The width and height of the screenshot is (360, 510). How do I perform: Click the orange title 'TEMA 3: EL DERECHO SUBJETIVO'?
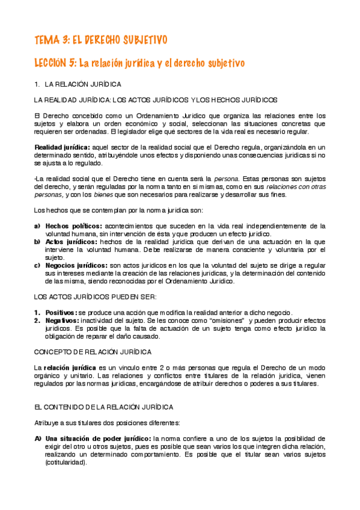pos(100,40)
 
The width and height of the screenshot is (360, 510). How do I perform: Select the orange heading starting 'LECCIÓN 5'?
pos(139,63)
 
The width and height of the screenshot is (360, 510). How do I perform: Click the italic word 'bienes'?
pos(103,195)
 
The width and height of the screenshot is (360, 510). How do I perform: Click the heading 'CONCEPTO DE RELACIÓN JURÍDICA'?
pos(93,351)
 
